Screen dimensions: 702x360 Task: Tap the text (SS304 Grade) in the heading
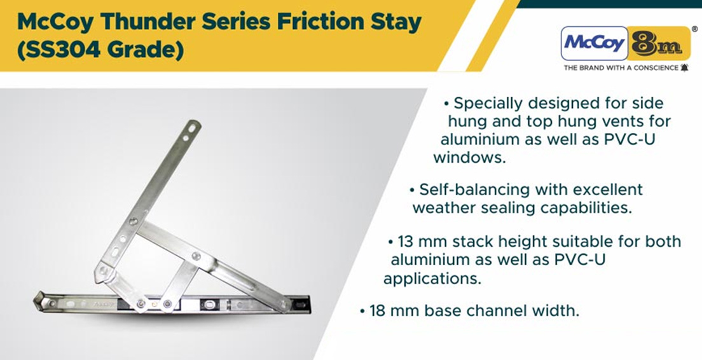click(x=100, y=50)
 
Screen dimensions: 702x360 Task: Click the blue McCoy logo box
click(x=594, y=43)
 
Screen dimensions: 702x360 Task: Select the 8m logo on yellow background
click(x=659, y=43)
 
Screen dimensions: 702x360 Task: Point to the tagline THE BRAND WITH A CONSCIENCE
click(x=621, y=68)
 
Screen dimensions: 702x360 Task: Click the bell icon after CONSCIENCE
click(x=684, y=68)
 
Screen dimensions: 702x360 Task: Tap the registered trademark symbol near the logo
click(x=694, y=29)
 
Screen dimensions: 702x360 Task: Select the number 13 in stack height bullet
click(x=406, y=241)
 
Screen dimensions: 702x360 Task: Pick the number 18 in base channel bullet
click(x=378, y=310)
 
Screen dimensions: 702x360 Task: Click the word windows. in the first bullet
click(x=469, y=158)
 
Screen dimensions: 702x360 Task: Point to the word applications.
click(x=432, y=279)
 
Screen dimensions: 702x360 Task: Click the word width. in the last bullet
click(x=558, y=310)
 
